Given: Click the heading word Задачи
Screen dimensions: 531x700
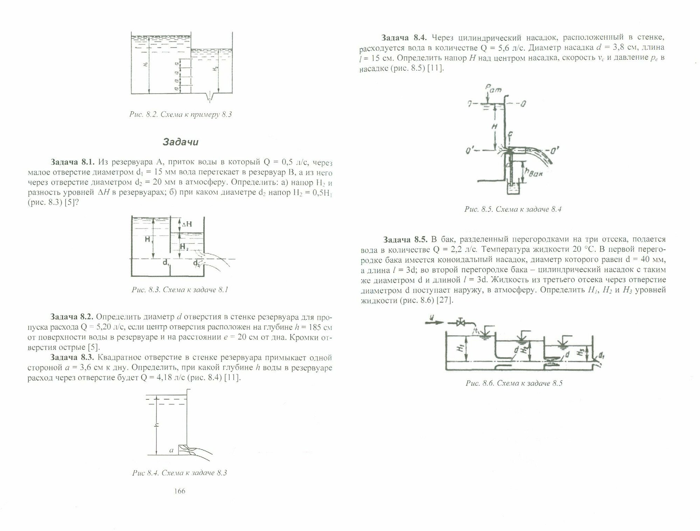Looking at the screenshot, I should coord(181,142).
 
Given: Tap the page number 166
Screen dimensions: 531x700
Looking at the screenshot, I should coord(179,491).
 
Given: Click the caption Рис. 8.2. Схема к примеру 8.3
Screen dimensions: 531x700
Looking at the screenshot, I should coord(181,115).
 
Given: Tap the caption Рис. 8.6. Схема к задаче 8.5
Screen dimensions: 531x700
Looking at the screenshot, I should coord(514,383).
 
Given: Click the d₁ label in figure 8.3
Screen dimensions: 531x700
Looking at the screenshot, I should coord(166,263).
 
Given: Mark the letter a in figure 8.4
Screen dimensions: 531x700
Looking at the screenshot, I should coord(171,450).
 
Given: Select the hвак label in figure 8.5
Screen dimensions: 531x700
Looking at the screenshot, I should coord(532,172).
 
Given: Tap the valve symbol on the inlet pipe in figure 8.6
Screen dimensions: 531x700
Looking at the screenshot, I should coord(462,322).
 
